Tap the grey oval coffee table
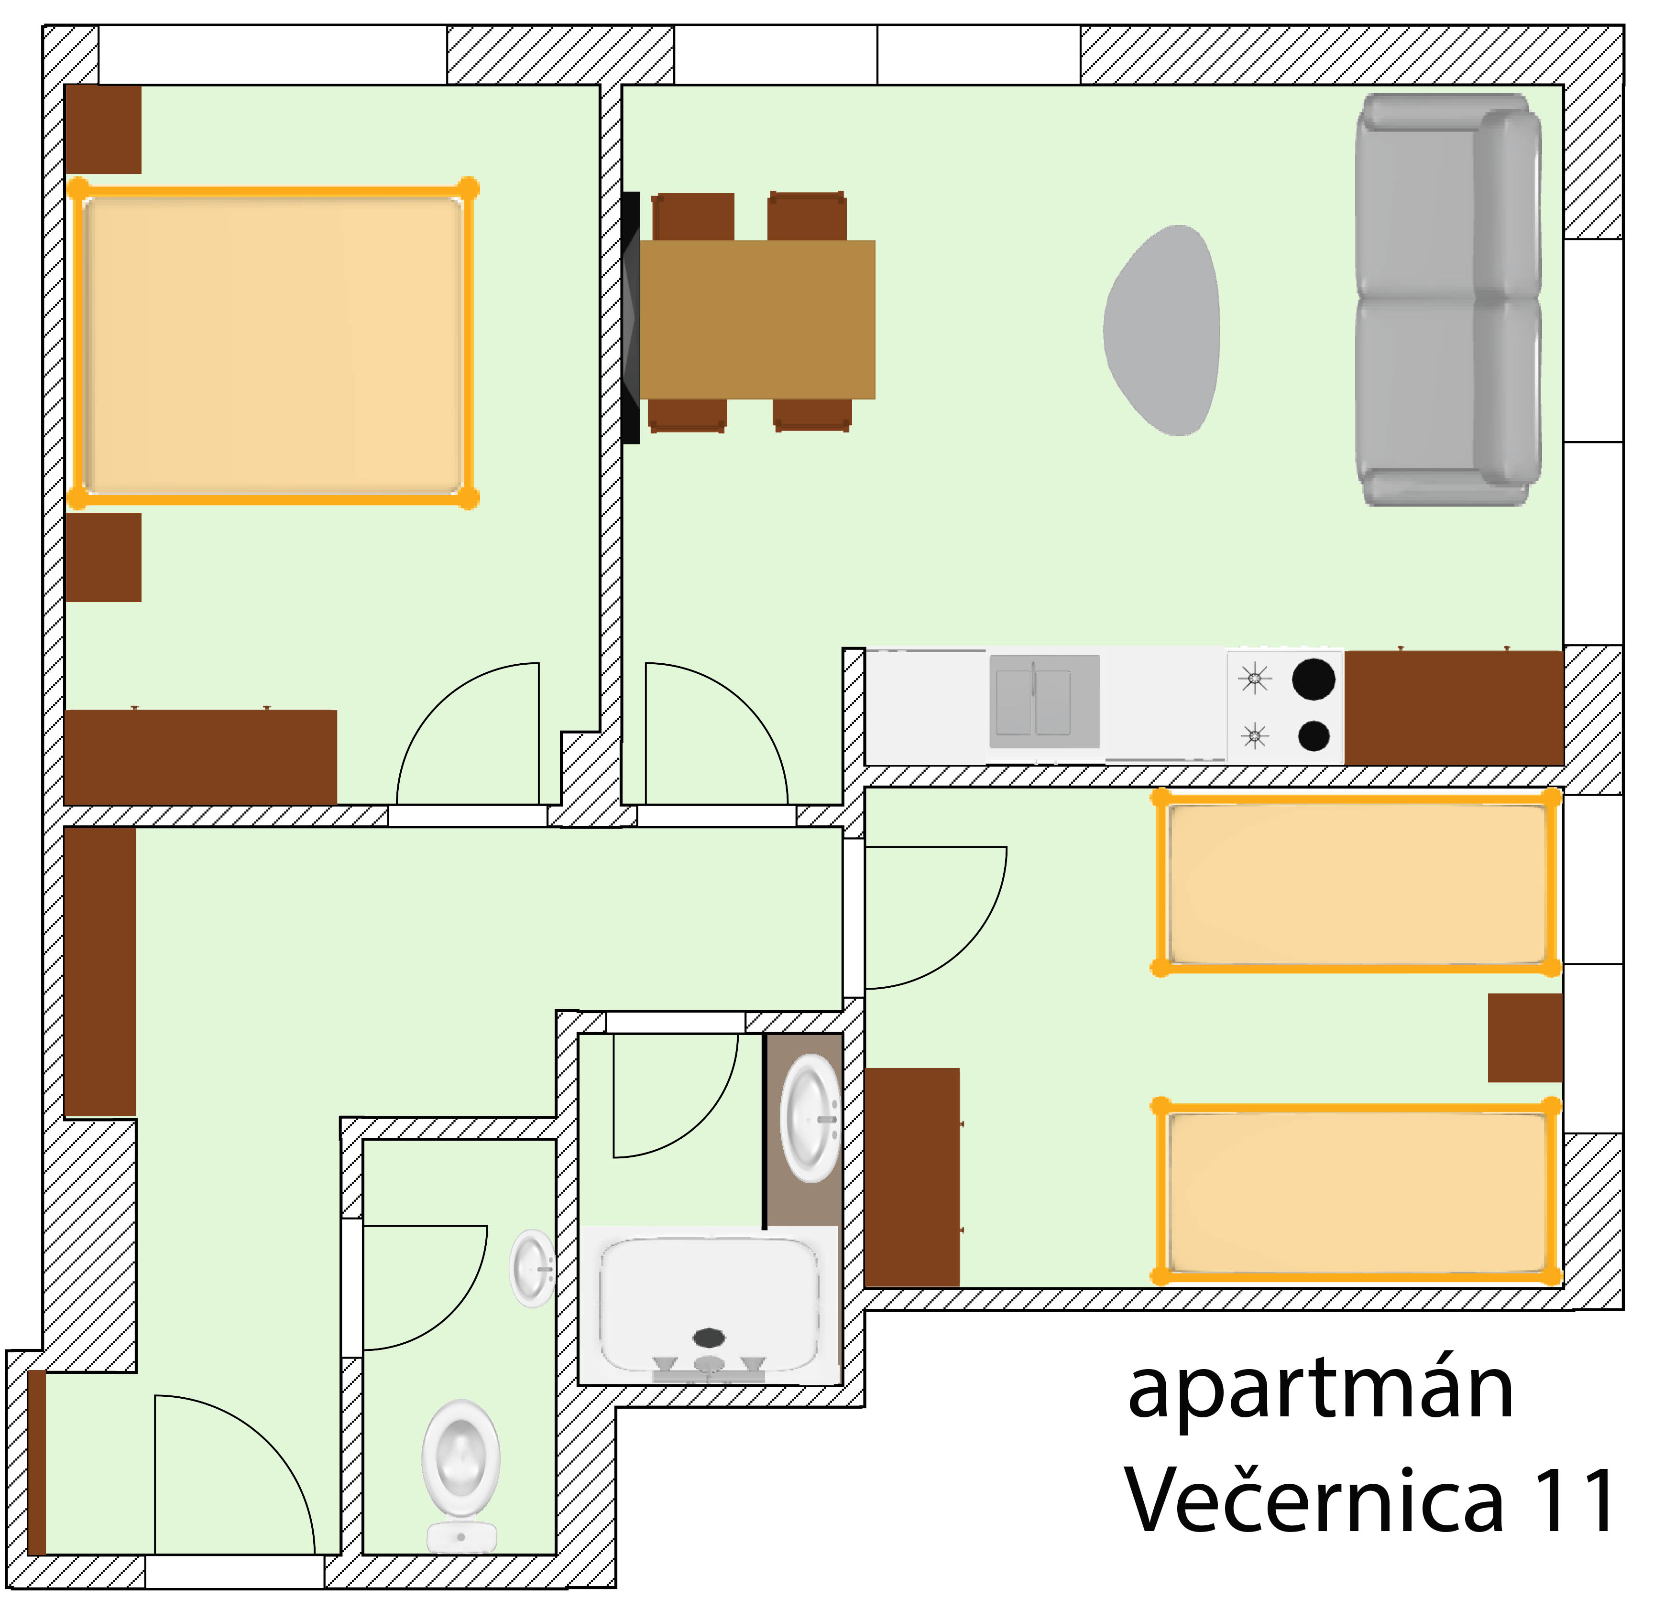pyautogui.click(x=1162, y=330)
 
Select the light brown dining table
pyautogui.click(x=757, y=320)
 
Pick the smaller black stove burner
pyautogui.click(x=1314, y=736)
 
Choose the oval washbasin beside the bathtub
pyautogui.click(x=811, y=1118)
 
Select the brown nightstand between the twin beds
pyautogui.click(x=1526, y=1038)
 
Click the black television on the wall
pyautogui.click(x=631, y=317)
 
